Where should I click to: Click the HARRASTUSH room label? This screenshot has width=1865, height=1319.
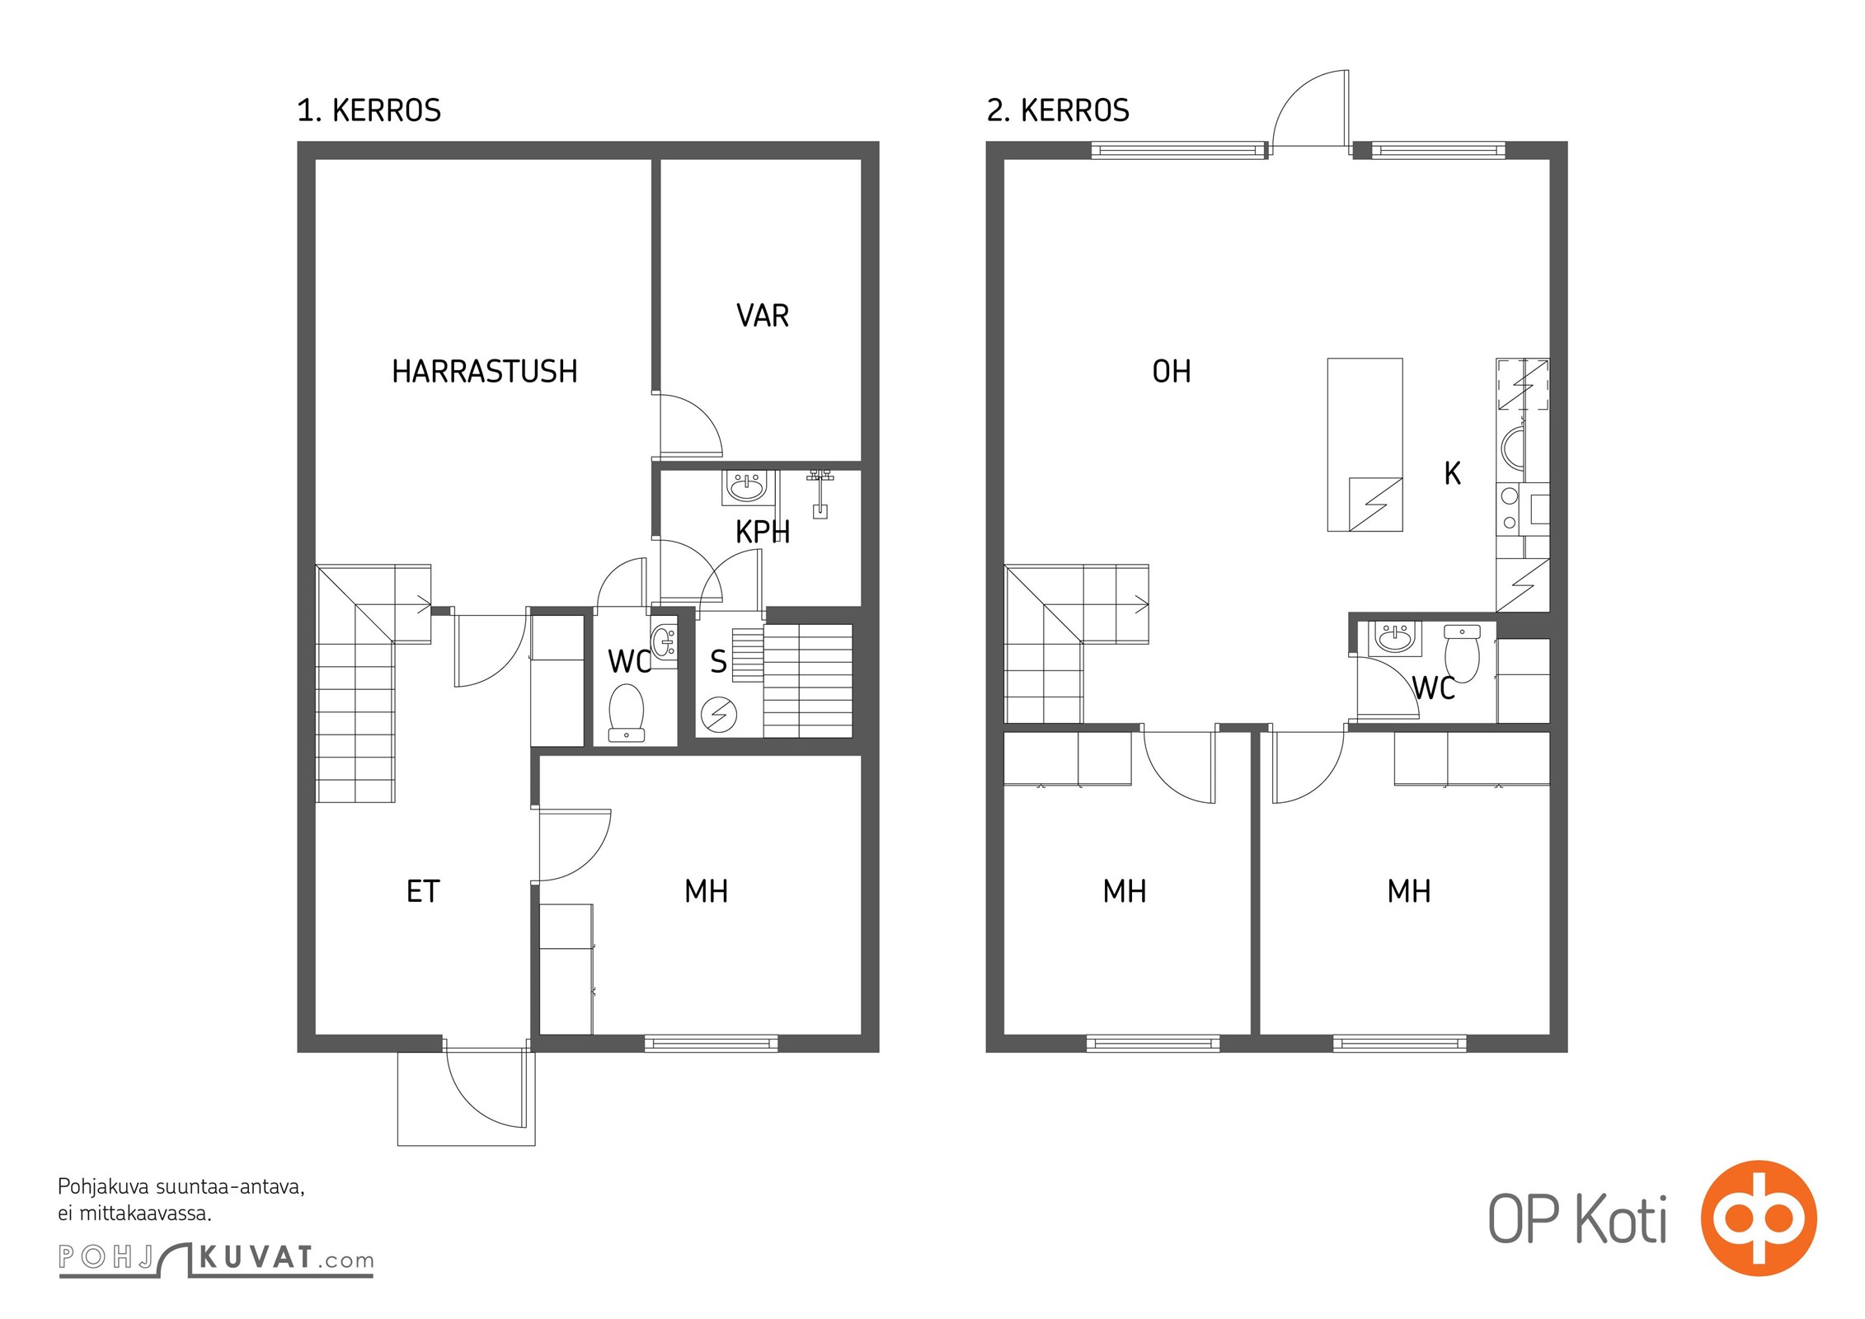click(485, 372)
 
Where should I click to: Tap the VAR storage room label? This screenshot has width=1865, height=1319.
click(763, 316)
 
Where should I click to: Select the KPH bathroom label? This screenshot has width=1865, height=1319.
click(763, 533)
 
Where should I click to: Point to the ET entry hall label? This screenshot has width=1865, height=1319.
click(423, 891)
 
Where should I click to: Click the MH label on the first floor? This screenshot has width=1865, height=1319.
click(706, 891)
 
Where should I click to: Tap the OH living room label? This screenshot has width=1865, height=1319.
click(1171, 372)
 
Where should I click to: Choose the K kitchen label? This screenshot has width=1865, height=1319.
click(1453, 473)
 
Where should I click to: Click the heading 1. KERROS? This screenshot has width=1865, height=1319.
click(369, 110)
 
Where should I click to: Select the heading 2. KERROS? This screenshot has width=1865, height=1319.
click(1058, 110)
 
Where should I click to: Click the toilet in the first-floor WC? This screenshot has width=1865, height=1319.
click(627, 713)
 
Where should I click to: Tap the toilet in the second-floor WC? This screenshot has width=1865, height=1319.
click(1462, 654)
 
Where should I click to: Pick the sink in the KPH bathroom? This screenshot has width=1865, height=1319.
click(747, 487)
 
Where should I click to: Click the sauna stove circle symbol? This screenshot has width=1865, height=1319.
click(718, 715)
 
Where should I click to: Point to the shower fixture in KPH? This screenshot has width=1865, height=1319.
click(820, 493)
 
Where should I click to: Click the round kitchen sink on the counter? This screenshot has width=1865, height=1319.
click(1512, 449)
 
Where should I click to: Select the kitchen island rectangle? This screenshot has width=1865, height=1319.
click(1365, 444)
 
